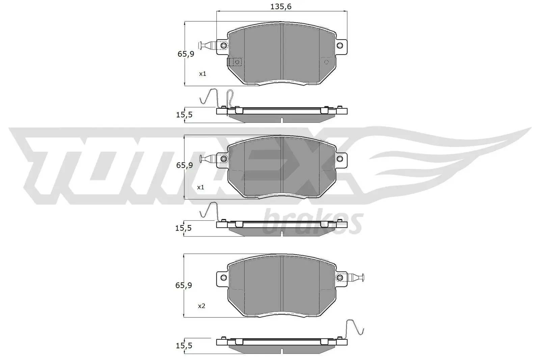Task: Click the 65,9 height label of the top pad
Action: pos(186,54)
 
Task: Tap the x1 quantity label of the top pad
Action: pos(202,74)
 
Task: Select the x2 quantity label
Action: pos(201,306)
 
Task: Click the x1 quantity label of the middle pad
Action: pos(201,187)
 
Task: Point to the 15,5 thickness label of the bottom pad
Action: pos(184,345)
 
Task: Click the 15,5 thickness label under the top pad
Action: pos(184,115)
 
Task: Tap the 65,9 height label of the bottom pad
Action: pos(184,285)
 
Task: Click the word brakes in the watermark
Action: pos(312,222)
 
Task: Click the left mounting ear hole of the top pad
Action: pos(223,46)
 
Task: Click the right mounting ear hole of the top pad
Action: pos(340,45)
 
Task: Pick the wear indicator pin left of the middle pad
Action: pos(207,158)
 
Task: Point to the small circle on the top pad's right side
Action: pos(326,62)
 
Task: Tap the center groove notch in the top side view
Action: pos(281,119)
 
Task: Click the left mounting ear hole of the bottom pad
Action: pos(223,277)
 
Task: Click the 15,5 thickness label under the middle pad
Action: pos(184,228)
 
